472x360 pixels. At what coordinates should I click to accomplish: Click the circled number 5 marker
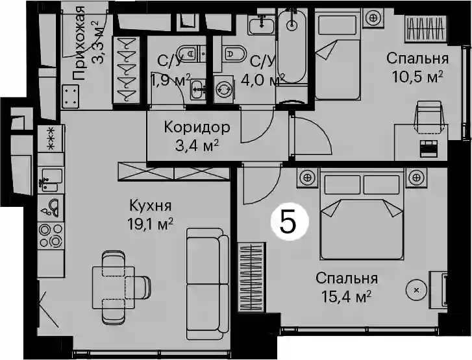(290, 222)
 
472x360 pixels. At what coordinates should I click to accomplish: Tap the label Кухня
(151, 206)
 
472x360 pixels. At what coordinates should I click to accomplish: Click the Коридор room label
(197, 127)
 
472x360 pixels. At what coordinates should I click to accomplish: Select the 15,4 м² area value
(346, 296)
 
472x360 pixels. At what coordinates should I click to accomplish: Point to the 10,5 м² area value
(417, 77)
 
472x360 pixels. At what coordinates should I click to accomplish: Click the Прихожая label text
(79, 43)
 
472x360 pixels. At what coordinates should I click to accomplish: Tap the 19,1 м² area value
(150, 224)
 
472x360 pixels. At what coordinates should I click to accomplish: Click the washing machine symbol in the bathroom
(223, 89)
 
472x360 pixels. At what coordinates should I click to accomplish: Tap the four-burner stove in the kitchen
(51, 235)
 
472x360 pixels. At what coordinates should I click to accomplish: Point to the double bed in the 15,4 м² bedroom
(362, 214)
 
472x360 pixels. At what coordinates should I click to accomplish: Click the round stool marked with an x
(417, 290)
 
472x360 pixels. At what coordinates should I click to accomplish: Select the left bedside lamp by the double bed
(307, 178)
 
